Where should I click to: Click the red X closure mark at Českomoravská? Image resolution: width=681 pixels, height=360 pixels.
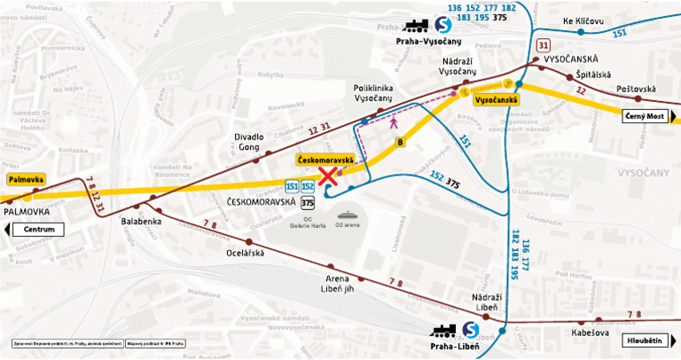[328, 176]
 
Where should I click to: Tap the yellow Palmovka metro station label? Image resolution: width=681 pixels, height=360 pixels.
[25, 179]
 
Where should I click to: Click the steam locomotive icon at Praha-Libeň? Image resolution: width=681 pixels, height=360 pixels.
[442, 332]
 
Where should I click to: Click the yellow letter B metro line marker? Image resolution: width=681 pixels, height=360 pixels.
[401, 141]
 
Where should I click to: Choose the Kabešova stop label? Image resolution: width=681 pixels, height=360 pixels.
[591, 333]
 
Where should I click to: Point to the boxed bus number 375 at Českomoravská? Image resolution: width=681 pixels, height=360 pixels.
[307, 202]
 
